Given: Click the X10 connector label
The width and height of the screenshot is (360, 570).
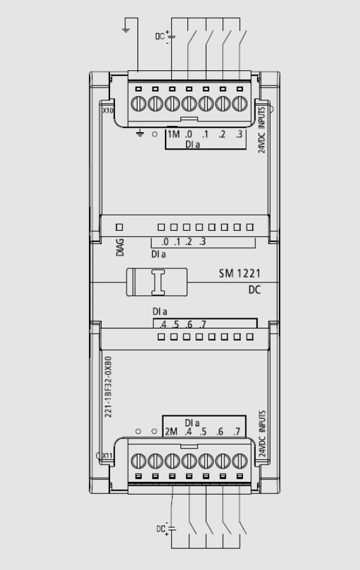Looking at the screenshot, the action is (108, 111).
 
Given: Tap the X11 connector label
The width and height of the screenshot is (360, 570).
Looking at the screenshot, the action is (107, 456).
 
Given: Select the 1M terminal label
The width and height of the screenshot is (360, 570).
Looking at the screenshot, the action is (173, 134).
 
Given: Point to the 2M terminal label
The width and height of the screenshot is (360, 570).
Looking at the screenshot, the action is (171, 431).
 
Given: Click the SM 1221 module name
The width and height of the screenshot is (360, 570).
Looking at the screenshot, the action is (240, 273).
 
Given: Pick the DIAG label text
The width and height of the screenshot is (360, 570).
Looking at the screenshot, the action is (120, 247).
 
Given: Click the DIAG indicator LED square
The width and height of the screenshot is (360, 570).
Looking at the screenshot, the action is (120, 227).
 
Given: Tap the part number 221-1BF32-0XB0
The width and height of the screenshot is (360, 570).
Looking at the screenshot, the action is (108, 387).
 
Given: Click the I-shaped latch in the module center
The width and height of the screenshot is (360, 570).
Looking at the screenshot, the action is (158, 282).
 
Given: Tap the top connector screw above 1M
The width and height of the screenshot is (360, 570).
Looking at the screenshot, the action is (172, 104).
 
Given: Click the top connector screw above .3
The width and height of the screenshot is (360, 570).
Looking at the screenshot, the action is (240, 104).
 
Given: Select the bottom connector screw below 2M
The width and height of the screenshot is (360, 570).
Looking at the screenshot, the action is (172, 461).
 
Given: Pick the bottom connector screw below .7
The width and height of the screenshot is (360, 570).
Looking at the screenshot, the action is (240, 461).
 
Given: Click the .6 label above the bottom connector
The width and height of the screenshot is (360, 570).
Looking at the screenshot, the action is (219, 431).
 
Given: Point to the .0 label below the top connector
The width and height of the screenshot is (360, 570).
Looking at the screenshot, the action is (189, 134).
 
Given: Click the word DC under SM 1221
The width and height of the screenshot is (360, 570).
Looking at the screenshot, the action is (254, 290).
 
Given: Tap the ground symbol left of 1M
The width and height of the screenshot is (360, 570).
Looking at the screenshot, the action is (139, 134).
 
